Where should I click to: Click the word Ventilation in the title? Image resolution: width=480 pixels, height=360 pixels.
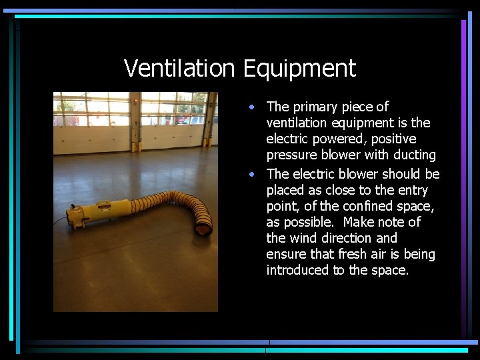(x=180, y=68)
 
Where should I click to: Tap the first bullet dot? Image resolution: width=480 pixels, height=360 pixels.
(x=251, y=107)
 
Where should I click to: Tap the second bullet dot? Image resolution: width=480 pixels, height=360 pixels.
(x=251, y=174)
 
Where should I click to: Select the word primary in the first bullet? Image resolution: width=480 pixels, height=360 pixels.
(x=315, y=107)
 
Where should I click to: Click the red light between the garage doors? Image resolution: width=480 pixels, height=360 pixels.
(x=136, y=100)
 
